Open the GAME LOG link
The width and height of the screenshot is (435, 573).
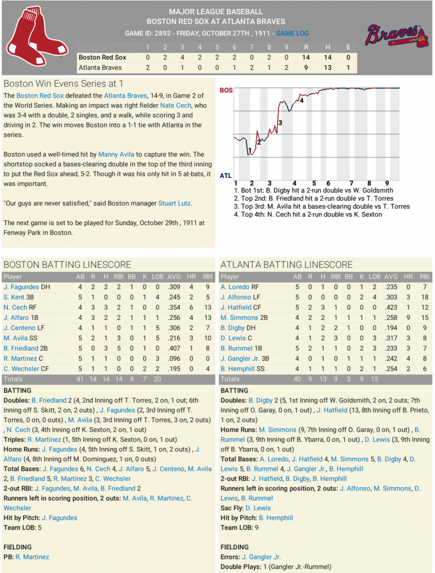coord(292,33)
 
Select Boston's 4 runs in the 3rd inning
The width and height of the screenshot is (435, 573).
coord(182,57)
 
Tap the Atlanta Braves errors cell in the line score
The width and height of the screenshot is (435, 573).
coord(348,68)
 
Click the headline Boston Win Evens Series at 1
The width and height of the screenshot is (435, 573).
coord(63,84)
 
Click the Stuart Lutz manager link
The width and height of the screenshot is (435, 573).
coord(174,203)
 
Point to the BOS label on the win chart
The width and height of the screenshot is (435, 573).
coord(226,90)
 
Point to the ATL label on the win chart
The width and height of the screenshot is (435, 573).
coord(226,176)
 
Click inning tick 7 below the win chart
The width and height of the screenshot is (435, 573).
coord(351,183)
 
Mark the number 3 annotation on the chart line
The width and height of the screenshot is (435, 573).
coord(280,123)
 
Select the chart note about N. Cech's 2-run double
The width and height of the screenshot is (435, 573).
coord(308,215)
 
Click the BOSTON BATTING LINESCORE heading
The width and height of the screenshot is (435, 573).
coord(67,265)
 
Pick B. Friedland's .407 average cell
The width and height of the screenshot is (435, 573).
coord(174,348)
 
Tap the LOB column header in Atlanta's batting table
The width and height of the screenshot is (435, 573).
coord(374,277)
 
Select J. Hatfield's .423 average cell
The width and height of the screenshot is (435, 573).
coord(391,307)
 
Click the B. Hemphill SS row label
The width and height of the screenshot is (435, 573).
coord(242,369)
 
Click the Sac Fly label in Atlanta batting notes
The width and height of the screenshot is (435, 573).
coord(232,508)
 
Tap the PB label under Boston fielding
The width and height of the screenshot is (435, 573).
coord(8,557)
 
